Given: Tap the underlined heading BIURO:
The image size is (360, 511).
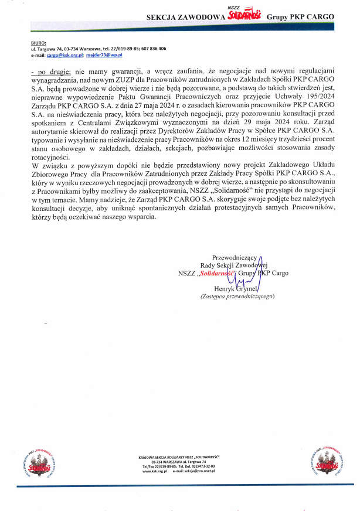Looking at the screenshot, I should tap(39, 43).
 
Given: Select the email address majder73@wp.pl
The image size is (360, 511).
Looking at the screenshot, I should tap(103, 54).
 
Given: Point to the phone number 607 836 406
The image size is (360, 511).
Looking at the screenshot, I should tap(154, 49).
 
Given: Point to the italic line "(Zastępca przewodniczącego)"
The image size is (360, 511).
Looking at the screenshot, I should tap(237, 297).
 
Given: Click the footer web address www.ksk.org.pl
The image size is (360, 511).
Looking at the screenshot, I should tap(152, 471).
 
